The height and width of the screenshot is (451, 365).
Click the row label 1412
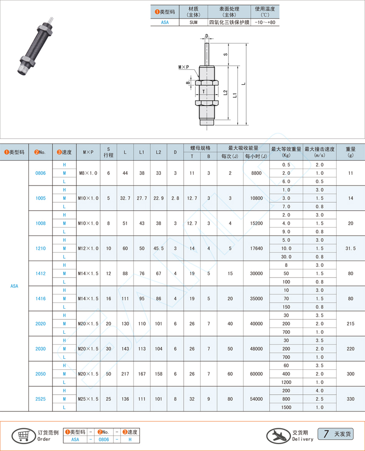point(40,273)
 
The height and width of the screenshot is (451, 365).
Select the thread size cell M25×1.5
point(88,399)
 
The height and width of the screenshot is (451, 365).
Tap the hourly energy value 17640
point(256,249)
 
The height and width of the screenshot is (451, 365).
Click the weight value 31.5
point(350,249)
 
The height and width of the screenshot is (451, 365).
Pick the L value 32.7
point(125,198)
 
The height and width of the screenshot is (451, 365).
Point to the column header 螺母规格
point(200,148)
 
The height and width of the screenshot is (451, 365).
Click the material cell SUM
point(193,22)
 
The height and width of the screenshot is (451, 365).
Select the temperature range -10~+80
point(265,22)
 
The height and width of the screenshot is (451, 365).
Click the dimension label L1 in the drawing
point(234,95)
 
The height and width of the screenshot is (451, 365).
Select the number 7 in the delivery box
point(326,434)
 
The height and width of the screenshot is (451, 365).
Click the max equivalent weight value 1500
point(286,407)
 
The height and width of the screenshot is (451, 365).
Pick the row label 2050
point(40,374)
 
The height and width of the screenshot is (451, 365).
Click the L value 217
point(125,374)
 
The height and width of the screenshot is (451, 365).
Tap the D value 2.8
point(175,198)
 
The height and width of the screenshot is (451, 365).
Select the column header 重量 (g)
point(350,152)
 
